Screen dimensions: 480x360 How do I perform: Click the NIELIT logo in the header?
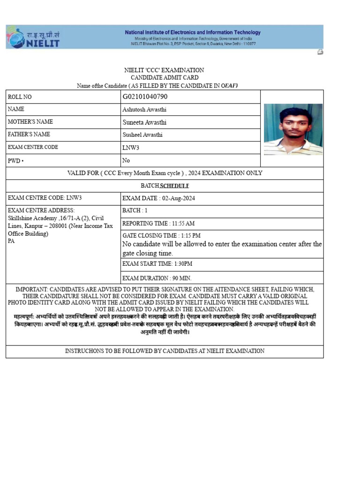click(x=33, y=37)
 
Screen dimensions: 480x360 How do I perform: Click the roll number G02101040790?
click(x=145, y=97)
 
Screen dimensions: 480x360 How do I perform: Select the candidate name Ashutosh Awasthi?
click(x=144, y=109)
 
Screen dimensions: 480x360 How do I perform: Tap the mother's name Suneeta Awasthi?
click(x=144, y=122)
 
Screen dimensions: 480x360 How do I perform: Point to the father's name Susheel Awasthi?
click(x=142, y=135)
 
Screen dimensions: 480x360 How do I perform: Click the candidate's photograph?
click(x=293, y=129)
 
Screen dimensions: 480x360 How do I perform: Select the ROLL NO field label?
click(x=20, y=97)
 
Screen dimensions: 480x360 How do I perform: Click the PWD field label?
click(x=15, y=160)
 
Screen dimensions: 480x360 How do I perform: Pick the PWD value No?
click(x=126, y=160)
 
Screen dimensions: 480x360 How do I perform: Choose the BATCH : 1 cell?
click(x=135, y=211)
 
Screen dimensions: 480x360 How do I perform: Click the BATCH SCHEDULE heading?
click(x=164, y=186)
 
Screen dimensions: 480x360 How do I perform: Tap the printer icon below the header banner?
click(x=320, y=52)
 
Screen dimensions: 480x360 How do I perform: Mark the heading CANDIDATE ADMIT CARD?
click(x=164, y=77)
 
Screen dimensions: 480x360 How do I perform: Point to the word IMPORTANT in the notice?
click(x=31, y=290)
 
